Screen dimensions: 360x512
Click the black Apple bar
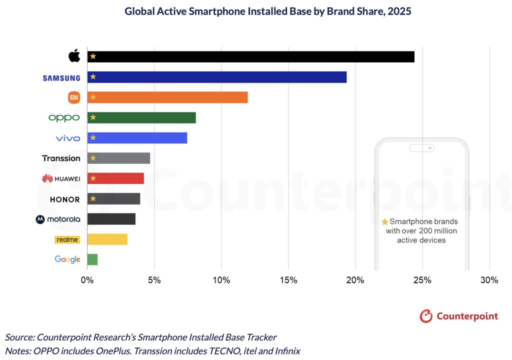[x=250, y=56]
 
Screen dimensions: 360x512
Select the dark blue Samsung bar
[x=216, y=77]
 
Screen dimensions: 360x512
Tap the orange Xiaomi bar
[x=167, y=97]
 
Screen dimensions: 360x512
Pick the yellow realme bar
[x=107, y=239]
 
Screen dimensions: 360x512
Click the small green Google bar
[x=92, y=259]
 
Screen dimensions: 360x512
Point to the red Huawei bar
[x=115, y=178]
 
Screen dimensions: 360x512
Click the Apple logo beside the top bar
[x=74, y=56]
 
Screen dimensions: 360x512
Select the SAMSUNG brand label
[x=61, y=77]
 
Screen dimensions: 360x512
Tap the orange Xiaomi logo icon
[x=73, y=97]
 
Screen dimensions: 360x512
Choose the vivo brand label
[x=68, y=138]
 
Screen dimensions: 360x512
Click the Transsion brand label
[x=61, y=158]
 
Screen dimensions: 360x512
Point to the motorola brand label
[x=57, y=219]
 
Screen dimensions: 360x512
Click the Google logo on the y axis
[x=67, y=259]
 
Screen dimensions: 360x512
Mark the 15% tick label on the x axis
[x=288, y=280]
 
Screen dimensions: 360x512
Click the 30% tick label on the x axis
[x=489, y=280]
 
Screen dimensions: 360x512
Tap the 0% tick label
[x=87, y=280]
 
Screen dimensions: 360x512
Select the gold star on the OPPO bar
[x=92, y=117]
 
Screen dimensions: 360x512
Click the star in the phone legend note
[x=384, y=221]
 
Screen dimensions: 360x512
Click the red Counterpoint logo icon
[x=425, y=316]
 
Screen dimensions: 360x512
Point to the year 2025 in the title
[x=397, y=11]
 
